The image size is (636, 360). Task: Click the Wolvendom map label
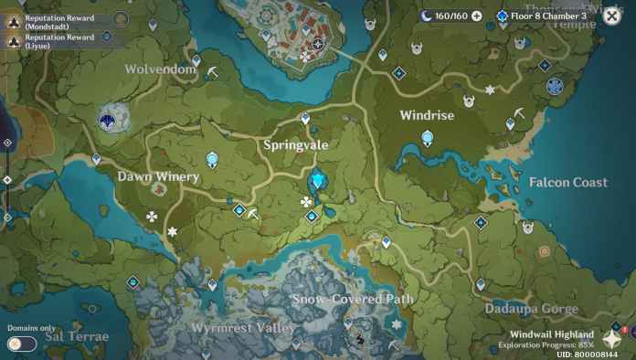pos(160,69)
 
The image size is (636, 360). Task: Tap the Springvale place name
pos(295,144)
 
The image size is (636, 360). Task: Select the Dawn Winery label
pos(158,176)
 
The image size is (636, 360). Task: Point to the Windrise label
pos(427,115)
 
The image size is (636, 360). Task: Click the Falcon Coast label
pos(567,183)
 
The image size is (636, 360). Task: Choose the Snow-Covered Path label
pos(352,299)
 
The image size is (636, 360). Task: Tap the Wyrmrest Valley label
pos(243,327)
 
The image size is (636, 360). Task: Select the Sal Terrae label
pos(77,336)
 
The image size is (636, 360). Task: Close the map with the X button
pos(612,16)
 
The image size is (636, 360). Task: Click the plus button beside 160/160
pos(476,16)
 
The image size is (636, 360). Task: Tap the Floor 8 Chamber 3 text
pos(548,16)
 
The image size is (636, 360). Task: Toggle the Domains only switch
pos(22,344)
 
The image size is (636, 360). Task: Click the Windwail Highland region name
pos(551,334)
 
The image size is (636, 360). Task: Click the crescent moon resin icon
pos(427,16)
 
